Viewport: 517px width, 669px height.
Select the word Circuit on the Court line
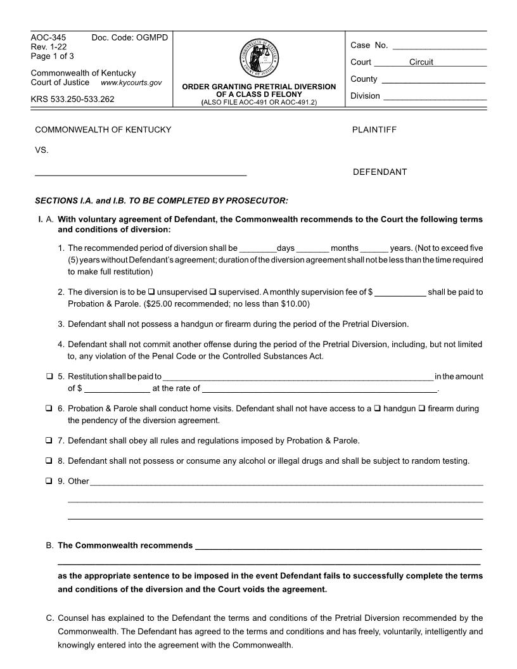421,62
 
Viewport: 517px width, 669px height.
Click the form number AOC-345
49,38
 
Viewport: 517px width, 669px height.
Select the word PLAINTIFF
374,130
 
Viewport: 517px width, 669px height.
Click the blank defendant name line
141,172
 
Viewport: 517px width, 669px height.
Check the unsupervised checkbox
151,292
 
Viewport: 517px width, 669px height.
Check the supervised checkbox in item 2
213,292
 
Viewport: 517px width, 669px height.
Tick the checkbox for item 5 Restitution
49,376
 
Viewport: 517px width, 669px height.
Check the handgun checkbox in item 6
378,409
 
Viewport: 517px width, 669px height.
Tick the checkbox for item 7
49,440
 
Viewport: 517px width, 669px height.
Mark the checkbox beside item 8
49,461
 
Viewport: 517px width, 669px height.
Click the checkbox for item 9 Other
49,481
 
